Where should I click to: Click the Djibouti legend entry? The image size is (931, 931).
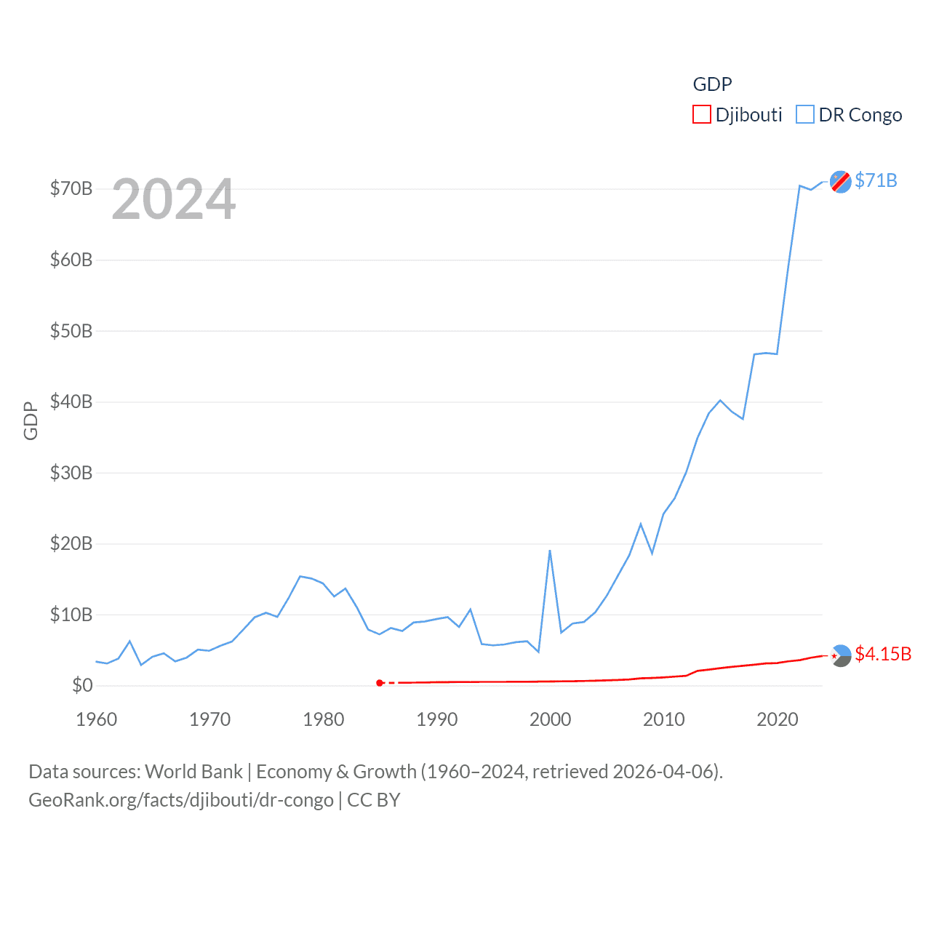click(x=738, y=115)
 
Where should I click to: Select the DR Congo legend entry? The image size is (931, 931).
click(x=849, y=115)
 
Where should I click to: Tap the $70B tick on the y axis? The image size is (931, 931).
click(x=71, y=189)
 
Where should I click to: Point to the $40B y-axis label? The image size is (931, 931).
click(x=71, y=401)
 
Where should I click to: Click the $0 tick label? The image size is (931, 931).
click(x=82, y=685)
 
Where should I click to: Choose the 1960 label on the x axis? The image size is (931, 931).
click(x=97, y=719)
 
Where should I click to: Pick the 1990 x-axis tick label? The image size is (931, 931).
click(x=437, y=719)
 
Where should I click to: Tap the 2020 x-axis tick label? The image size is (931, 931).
click(x=778, y=719)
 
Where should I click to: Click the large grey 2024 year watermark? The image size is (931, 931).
click(x=174, y=199)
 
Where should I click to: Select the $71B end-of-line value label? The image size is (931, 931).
click(x=876, y=180)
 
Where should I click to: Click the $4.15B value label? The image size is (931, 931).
click(x=883, y=654)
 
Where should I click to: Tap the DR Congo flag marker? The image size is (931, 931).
click(x=841, y=182)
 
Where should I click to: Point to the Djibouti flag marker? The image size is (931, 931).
click(x=841, y=655)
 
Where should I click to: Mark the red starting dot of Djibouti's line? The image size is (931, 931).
click(x=380, y=683)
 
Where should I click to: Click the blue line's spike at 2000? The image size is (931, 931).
click(x=550, y=551)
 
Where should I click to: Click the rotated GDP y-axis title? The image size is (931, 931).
click(x=31, y=420)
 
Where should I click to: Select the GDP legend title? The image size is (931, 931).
click(x=712, y=84)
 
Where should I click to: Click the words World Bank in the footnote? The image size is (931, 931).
click(x=193, y=771)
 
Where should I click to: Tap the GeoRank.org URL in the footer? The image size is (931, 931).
click(x=181, y=800)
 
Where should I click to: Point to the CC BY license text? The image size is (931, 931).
click(x=374, y=800)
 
